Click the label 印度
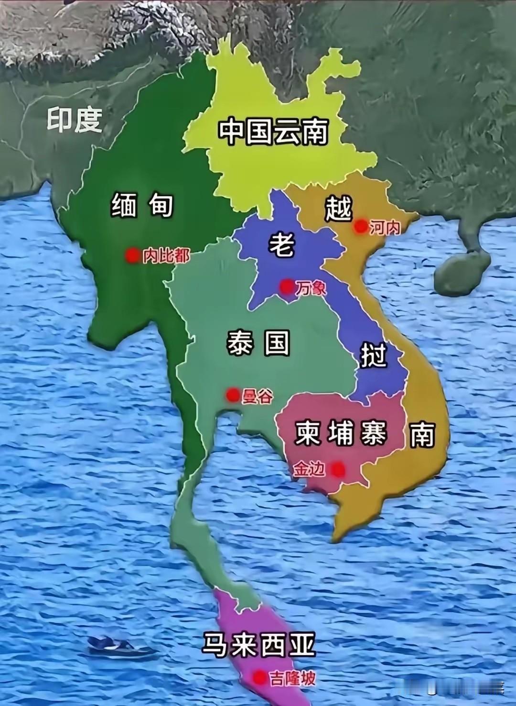(x=75, y=120)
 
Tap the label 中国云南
(x=273, y=132)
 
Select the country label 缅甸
(x=142, y=206)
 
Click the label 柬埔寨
(x=341, y=434)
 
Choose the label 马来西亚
(x=259, y=646)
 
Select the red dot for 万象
(x=287, y=287)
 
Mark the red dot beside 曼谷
(x=233, y=395)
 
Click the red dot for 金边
(x=338, y=469)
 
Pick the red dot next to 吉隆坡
(x=259, y=677)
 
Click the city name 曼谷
(x=258, y=396)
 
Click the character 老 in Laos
(x=281, y=244)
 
